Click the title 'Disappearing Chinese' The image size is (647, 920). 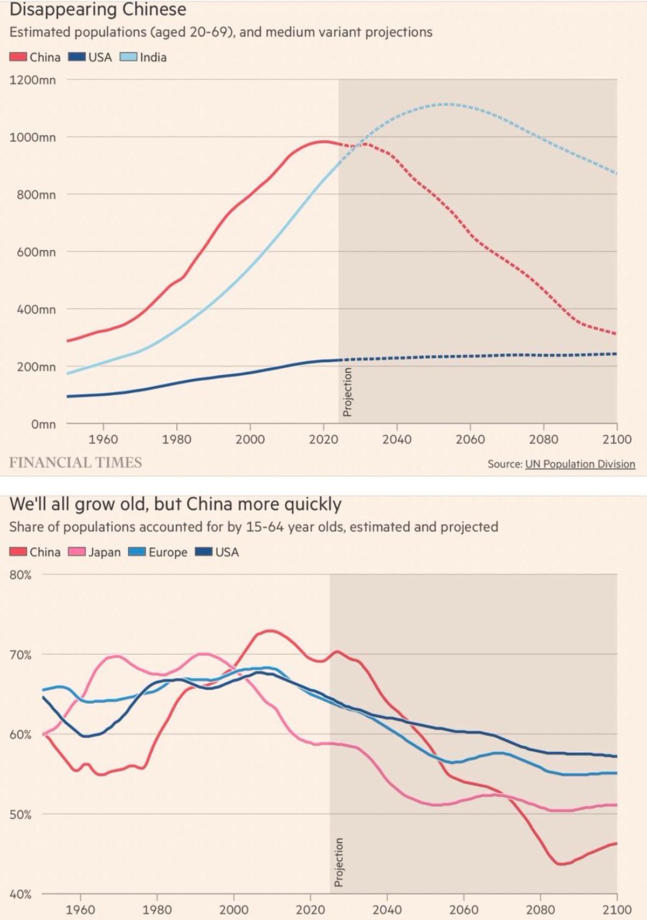point(98,10)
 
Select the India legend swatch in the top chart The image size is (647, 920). point(128,57)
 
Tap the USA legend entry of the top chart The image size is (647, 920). point(91,57)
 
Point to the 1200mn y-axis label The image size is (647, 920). point(32,80)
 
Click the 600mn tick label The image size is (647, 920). point(36,252)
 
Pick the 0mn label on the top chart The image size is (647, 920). point(43,424)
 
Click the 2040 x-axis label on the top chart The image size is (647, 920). point(397,440)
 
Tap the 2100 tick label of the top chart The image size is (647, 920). point(617,440)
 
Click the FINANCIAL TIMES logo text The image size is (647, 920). point(75,463)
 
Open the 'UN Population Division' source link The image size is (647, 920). point(580,464)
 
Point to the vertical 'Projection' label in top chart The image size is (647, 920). point(348,392)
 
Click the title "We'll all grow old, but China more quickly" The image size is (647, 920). point(176,504)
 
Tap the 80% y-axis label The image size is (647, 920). point(20,575)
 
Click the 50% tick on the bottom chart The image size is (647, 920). point(20,814)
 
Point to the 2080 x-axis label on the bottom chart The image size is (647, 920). point(540,910)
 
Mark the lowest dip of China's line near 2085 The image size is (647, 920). point(561,864)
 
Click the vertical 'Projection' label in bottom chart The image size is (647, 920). point(339,862)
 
